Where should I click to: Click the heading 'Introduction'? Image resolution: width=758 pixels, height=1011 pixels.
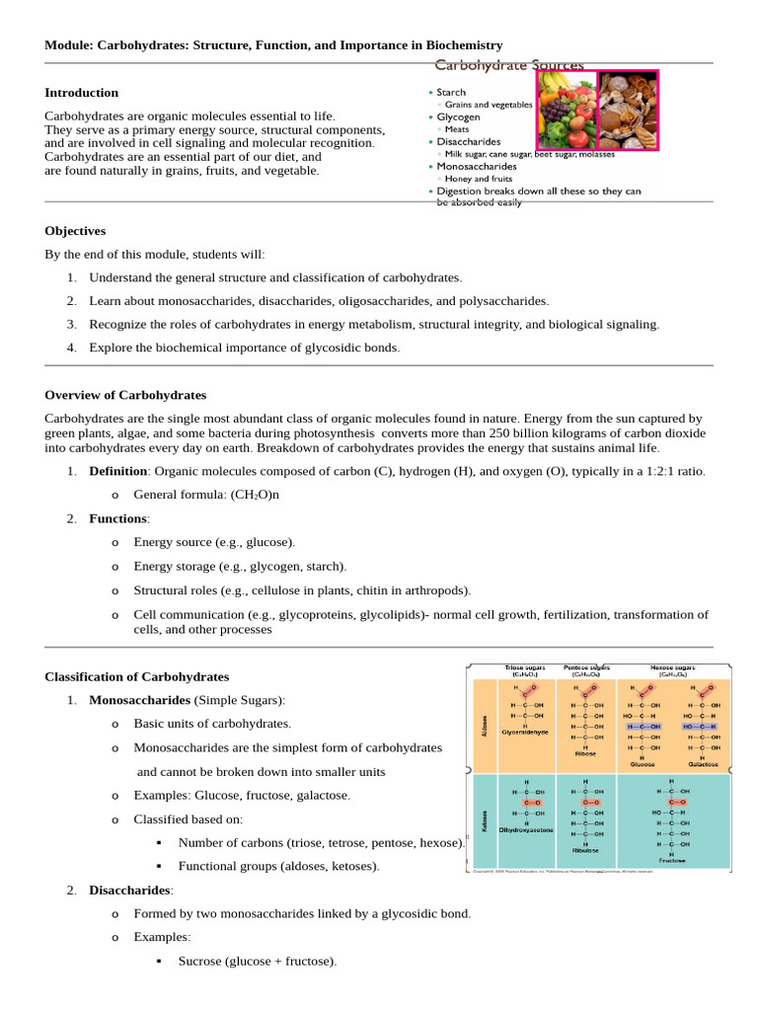pos(81,93)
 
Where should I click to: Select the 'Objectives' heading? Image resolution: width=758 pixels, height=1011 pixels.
pos(75,231)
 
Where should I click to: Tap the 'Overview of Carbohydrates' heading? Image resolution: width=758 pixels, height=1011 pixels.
pos(125,395)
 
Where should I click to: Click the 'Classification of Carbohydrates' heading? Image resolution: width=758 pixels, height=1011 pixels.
pos(136,677)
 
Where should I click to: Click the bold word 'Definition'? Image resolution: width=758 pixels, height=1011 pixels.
pos(118,472)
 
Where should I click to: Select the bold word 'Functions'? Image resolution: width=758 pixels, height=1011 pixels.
pos(118,518)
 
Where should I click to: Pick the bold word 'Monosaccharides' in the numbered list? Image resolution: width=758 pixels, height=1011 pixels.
pos(139,701)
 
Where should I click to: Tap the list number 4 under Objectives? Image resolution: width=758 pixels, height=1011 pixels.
pos(72,348)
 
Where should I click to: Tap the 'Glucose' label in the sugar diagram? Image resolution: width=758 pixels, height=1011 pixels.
pos(643,764)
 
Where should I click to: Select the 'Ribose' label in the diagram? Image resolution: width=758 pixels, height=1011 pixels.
pos(585,752)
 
